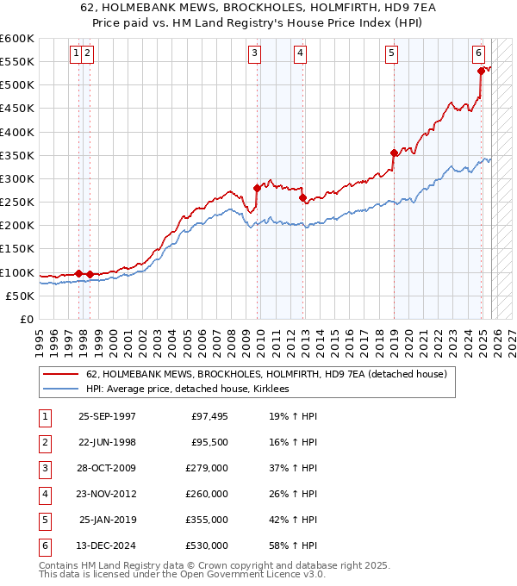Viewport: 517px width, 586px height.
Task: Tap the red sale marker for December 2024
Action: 481,72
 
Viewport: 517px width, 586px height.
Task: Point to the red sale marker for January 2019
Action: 394,153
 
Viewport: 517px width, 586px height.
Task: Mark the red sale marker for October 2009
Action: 257,188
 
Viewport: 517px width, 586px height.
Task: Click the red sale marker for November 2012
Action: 302,197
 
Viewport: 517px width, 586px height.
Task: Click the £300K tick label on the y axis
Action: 17,178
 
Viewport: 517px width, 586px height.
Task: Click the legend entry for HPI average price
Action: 187,389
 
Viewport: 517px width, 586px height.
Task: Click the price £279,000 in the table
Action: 207,470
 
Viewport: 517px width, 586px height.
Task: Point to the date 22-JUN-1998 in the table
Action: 107,443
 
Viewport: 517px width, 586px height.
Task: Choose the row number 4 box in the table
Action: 43,495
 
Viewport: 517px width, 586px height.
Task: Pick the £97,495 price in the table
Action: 209,416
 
